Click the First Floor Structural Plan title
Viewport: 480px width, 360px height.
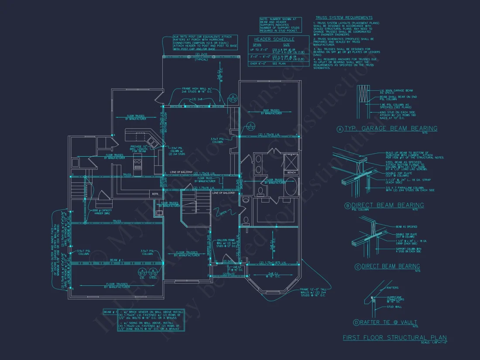coord(394,337)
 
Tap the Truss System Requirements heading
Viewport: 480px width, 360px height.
coord(344,17)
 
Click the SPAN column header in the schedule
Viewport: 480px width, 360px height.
coord(257,45)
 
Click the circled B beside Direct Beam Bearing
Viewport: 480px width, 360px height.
coord(347,206)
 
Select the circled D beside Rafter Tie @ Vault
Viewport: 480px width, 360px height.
coord(356,323)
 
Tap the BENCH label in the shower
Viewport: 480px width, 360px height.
coord(291,173)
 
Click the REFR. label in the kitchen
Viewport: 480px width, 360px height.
coord(155,193)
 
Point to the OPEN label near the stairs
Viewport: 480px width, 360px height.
coord(223,213)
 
